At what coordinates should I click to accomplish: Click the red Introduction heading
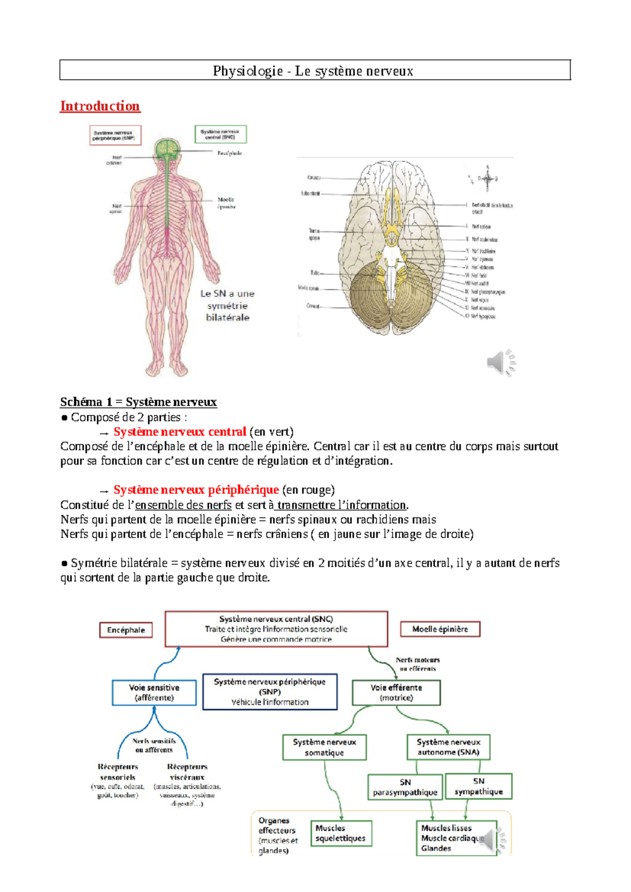tap(100, 106)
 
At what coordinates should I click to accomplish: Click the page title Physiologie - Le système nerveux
tap(313, 71)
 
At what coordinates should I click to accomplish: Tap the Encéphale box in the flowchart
tap(126, 630)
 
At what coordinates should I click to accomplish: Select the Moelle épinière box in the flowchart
tap(440, 629)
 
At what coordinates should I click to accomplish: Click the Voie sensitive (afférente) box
tap(154, 693)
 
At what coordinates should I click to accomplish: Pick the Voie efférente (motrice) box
tap(396, 693)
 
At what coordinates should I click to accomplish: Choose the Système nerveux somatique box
tap(324, 747)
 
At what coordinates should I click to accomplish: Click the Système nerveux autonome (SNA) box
tap(449, 747)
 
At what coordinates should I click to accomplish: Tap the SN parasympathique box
tap(405, 787)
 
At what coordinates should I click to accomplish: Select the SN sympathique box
tap(479, 786)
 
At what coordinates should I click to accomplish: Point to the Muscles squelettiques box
tap(340, 833)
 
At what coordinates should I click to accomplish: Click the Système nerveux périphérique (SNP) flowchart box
tap(270, 692)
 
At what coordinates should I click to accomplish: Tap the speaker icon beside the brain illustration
tap(500, 362)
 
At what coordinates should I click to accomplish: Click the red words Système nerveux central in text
tap(180, 432)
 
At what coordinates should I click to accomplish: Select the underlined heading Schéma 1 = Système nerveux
tap(138, 402)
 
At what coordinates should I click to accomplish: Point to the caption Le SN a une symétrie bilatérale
tap(228, 306)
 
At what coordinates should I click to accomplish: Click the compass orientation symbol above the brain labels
tap(488, 179)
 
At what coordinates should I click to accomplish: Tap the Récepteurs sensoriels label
tap(118, 772)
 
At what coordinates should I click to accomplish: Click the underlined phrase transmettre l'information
tap(342, 505)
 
